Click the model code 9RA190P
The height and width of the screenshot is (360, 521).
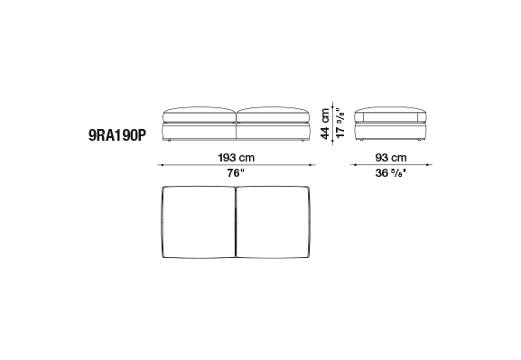pyautogui.click(x=117, y=135)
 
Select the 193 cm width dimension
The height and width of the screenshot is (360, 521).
pyautogui.click(x=237, y=157)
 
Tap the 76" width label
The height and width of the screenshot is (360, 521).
pyautogui.click(x=236, y=172)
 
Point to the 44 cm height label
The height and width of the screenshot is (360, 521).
pyautogui.click(x=325, y=124)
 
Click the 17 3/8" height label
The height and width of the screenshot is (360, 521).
pyautogui.click(x=340, y=123)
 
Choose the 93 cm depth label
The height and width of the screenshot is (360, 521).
pyautogui.click(x=391, y=157)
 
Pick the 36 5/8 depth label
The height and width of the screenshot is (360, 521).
pyautogui.click(x=391, y=172)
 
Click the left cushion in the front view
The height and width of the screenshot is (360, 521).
pyautogui.click(x=200, y=115)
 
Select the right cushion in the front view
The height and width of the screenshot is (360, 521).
pyautogui.click(x=273, y=115)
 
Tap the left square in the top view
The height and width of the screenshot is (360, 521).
pyautogui.click(x=199, y=222)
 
